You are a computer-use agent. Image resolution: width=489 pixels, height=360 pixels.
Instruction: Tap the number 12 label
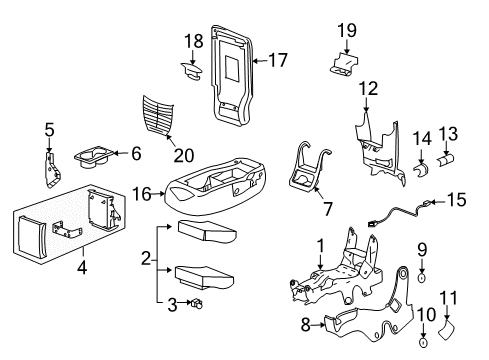[x=368, y=89]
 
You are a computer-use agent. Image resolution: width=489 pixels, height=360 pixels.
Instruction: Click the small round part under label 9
[x=423, y=299]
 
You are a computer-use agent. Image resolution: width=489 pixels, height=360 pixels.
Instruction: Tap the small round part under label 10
[x=423, y=343]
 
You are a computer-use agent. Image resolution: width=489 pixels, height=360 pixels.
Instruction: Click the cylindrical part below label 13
[x=446, y=158]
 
